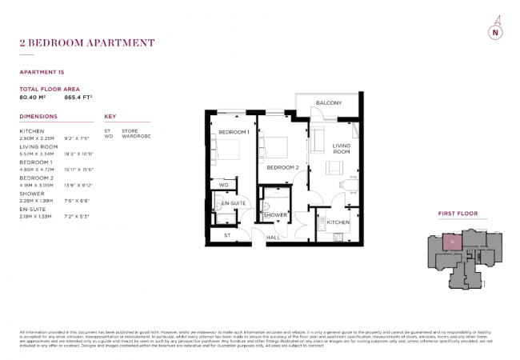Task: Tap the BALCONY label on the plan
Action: (328, 103)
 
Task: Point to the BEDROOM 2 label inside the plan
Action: (282, 167)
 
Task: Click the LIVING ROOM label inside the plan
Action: (342, 148)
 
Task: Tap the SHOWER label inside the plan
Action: (275, 215)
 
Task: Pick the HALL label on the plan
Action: (272, 237)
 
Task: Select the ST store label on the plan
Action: (227, 235)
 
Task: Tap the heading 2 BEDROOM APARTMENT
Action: (86, 42)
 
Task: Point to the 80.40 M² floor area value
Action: (34, 98)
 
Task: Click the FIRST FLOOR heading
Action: (457, 215)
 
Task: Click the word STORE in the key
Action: (130, 130)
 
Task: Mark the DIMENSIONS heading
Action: (38, 117)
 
